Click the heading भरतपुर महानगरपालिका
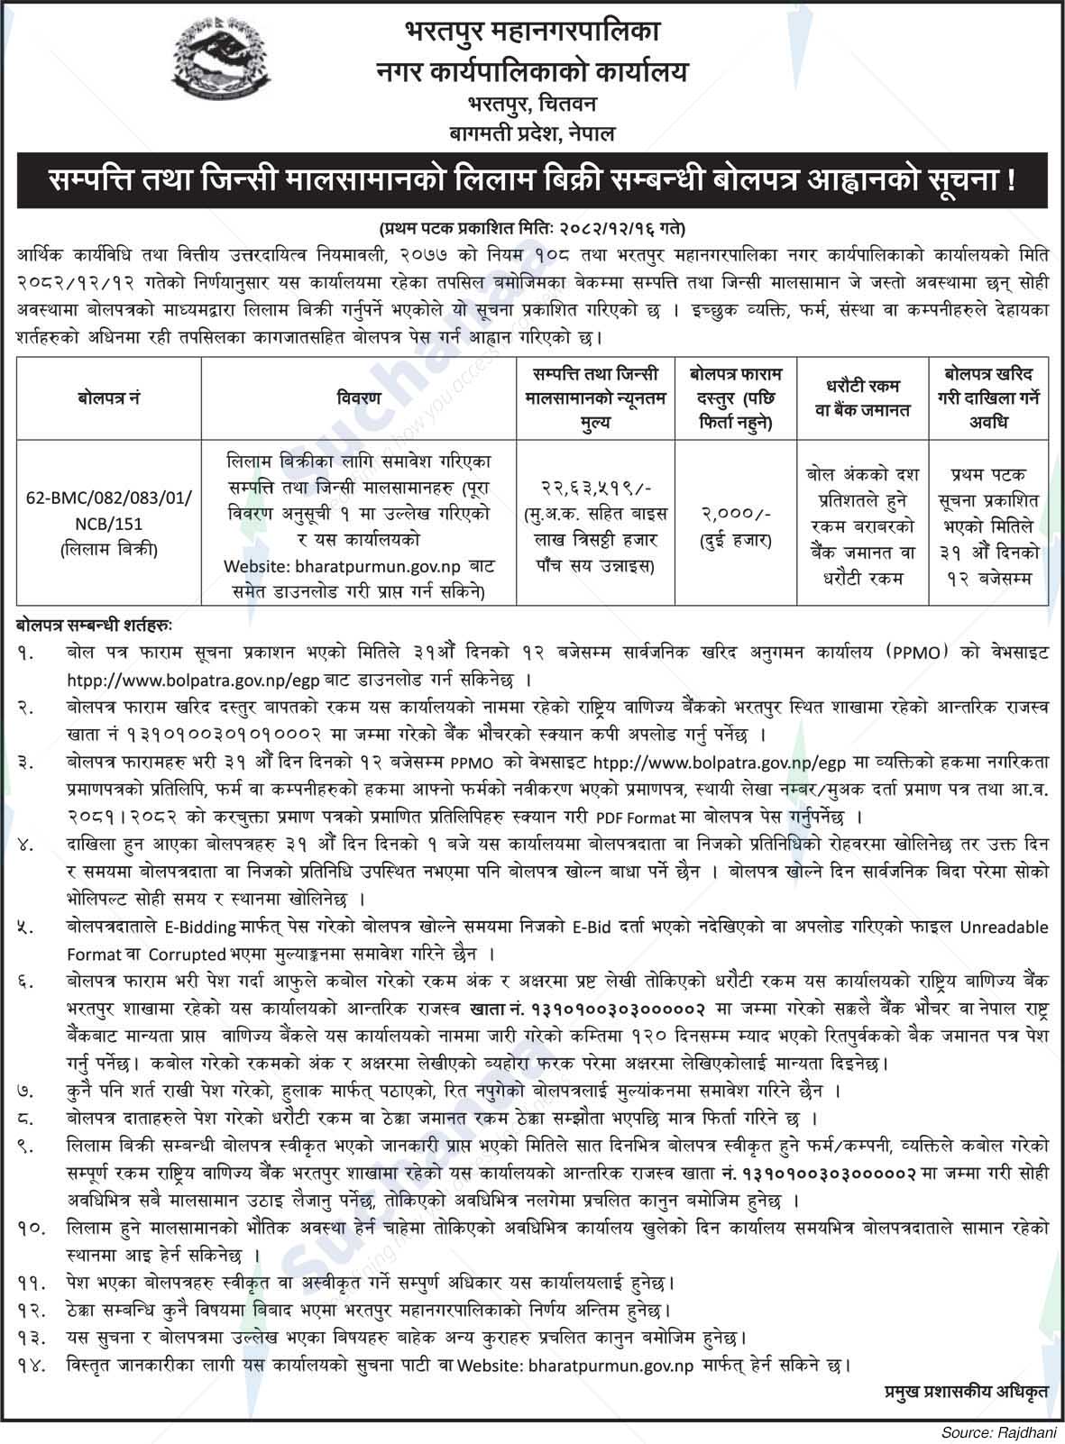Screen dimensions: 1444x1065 tap(532, 33)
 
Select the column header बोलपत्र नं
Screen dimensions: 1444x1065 tap(108, 397)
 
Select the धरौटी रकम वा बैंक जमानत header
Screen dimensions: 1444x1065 tap(863, 397)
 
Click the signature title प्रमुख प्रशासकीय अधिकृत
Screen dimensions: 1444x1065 tap(966, 1393)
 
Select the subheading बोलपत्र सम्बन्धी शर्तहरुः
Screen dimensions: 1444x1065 tap(94, 623)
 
